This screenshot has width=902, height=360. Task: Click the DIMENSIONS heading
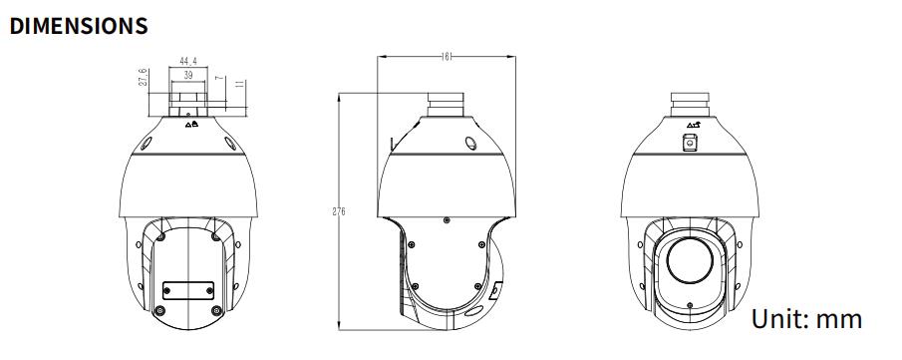click(x=79, y=26)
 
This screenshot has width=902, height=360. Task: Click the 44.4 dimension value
click(x=186, y=62)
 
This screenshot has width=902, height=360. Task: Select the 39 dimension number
click(x=186, y=75)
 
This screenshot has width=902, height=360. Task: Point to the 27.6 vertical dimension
click(x=144, y=78)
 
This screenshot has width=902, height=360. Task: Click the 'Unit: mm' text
click(x=805, y=319)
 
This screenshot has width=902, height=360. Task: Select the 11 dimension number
click(x=240, y=87)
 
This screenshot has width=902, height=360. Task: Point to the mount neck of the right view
click(x=691, y=104)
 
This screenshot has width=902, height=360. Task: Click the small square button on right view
click(x=690, y=143)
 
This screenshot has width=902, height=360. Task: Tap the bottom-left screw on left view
click(x=159, y=311)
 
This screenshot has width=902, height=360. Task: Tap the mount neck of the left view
click(x=186, y=99)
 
